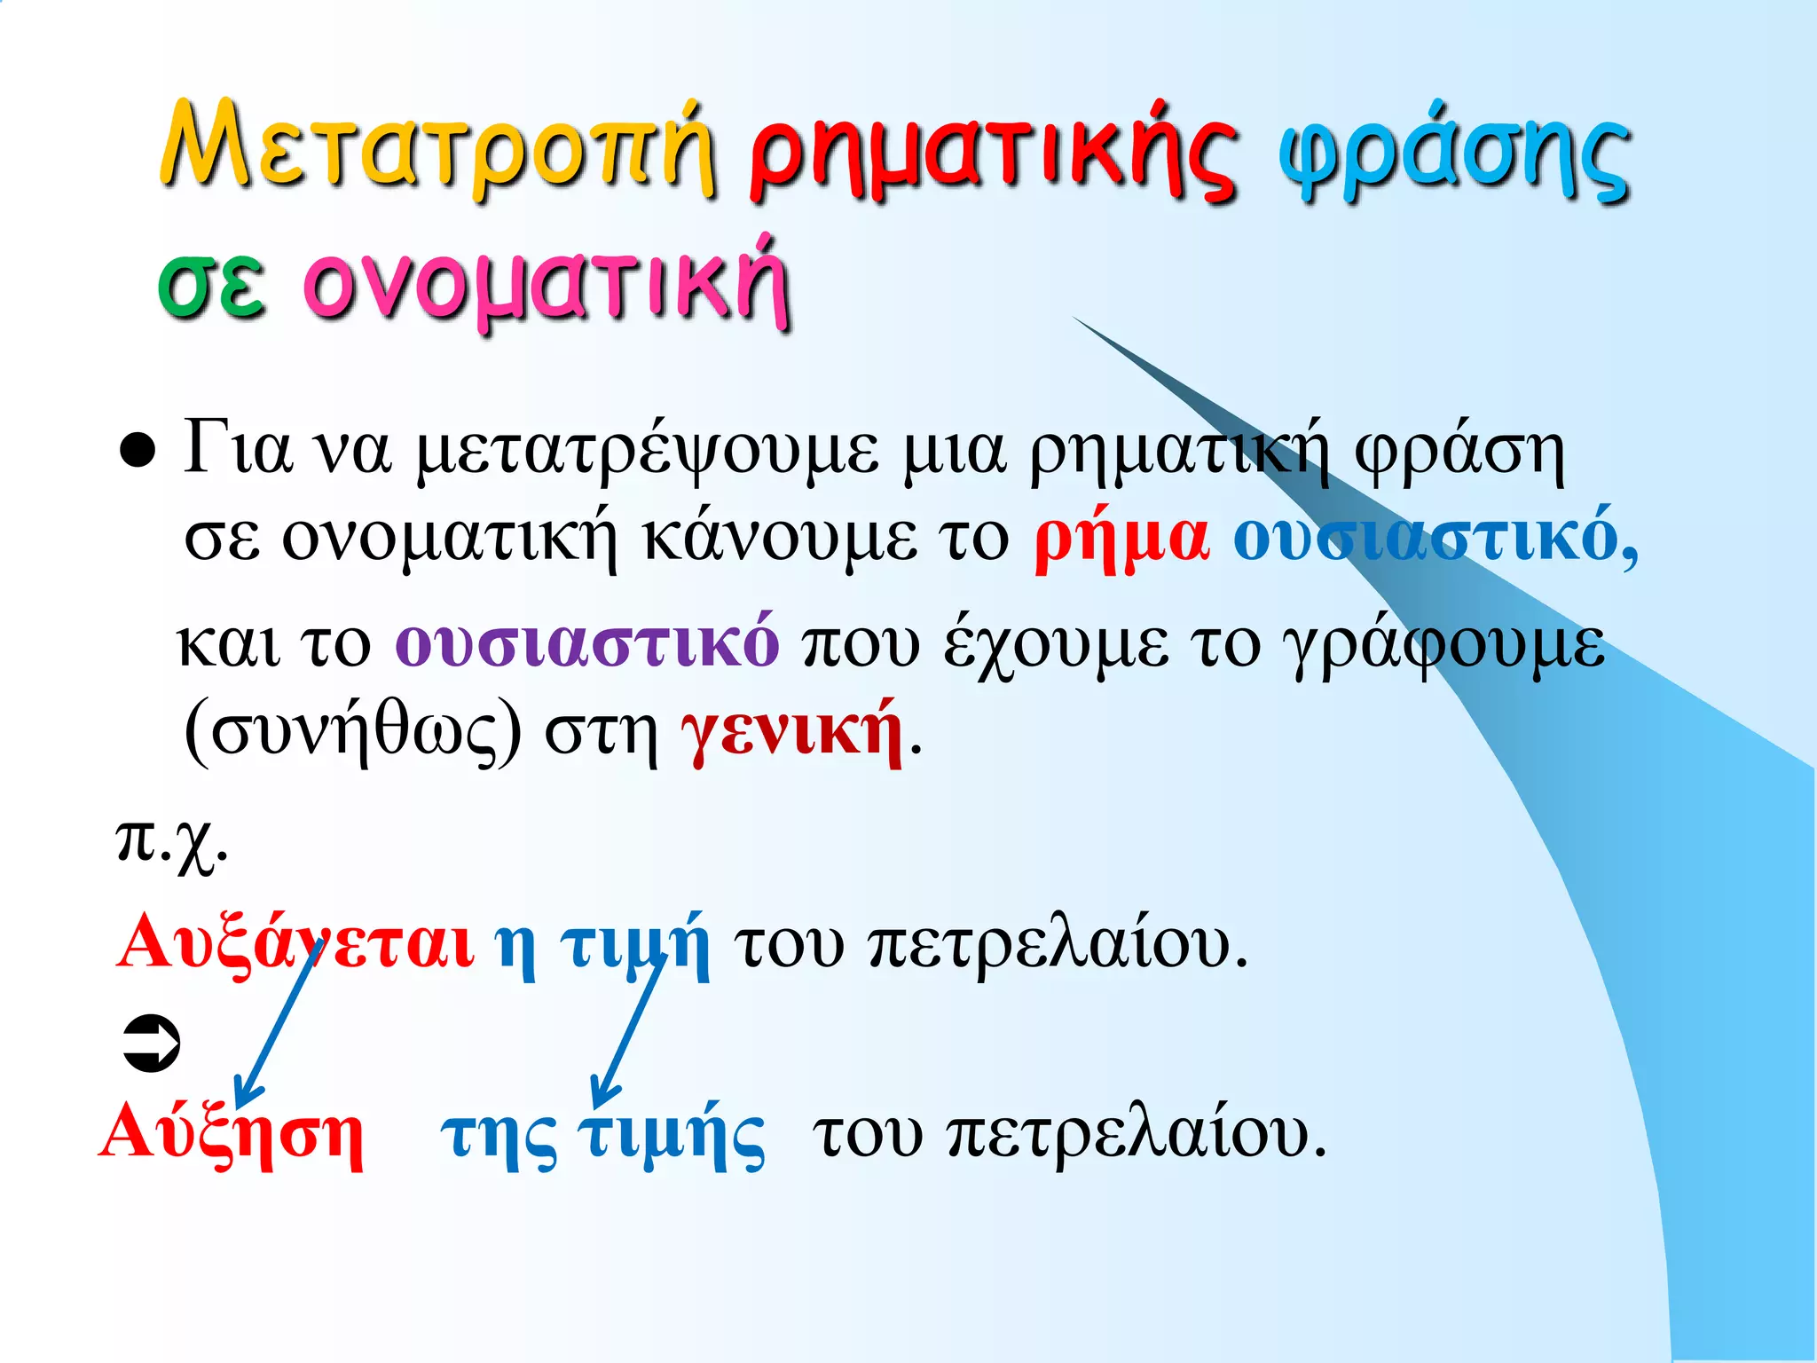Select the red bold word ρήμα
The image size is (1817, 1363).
(x=1121, y=537)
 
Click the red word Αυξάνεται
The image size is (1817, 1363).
(x=295, y=942)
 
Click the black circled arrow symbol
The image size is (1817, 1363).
(x=151, y=1043)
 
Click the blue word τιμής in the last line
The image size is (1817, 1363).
(x=671, y=1136)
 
